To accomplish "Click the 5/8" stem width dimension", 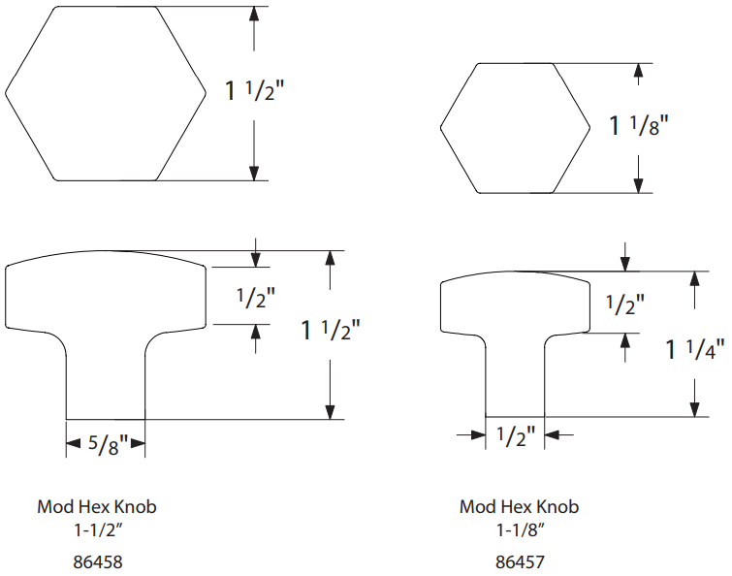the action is (x=108, y=444).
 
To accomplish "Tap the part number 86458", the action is (x=98, y=562).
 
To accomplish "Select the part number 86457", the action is (x=520, y=562).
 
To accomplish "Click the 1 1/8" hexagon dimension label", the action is (x=639, y=125).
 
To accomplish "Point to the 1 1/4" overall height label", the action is (x=694, y=349).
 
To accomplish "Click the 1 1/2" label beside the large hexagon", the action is (x=254, y=90).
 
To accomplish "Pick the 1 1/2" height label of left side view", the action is (x=331, y=330).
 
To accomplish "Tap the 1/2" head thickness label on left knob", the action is (x=255, y=298).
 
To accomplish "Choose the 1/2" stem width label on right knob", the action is (x=515, y=436).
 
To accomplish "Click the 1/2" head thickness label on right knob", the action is (x=625, y=304).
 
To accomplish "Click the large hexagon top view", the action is (x=106, y=93).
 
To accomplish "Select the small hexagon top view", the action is (x=516, y=128).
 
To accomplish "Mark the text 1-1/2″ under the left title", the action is (x=98, y=530).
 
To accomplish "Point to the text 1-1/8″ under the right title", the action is (x=521, y=530).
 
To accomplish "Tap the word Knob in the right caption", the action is (x=557, y=507).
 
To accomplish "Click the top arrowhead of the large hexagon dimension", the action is (x=254, y=14).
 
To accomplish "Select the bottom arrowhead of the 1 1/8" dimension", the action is (x=639, y=186).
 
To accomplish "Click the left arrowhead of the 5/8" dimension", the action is (x=74, y=443).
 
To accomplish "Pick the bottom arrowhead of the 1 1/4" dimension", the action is (x=694, y=409).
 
